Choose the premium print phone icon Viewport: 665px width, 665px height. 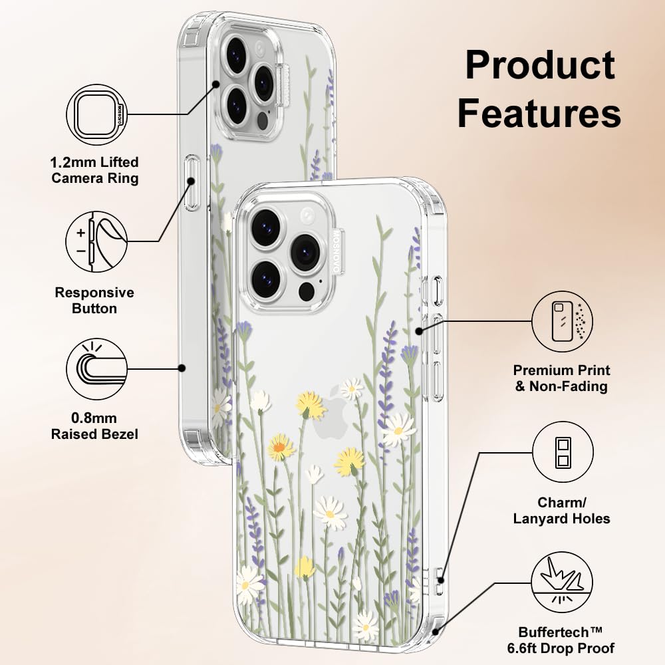pyautogui.click(x=563, y=322)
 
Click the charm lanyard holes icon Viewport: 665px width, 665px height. pyautogui.click(x=563, y=453)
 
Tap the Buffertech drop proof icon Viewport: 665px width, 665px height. pyautogui.click(x=563, y=586)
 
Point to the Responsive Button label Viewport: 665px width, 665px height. pyautogui.click(x=94, y=301)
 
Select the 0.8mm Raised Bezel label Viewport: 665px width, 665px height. pyautogui.click(x=95, y=426)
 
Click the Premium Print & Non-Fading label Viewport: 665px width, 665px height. pyautogui.click(x=562, y=378)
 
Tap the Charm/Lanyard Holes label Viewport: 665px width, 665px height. pyautogui.click(x=562, y=510)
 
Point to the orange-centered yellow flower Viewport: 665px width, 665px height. pyautogui.click(x=281, y=446)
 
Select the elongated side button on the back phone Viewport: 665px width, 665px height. pyautogui.click(x=192, y=182)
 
